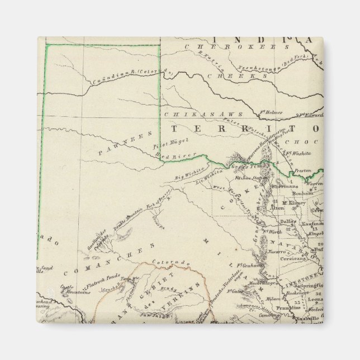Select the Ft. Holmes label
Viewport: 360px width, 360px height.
[x=271, y=112]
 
